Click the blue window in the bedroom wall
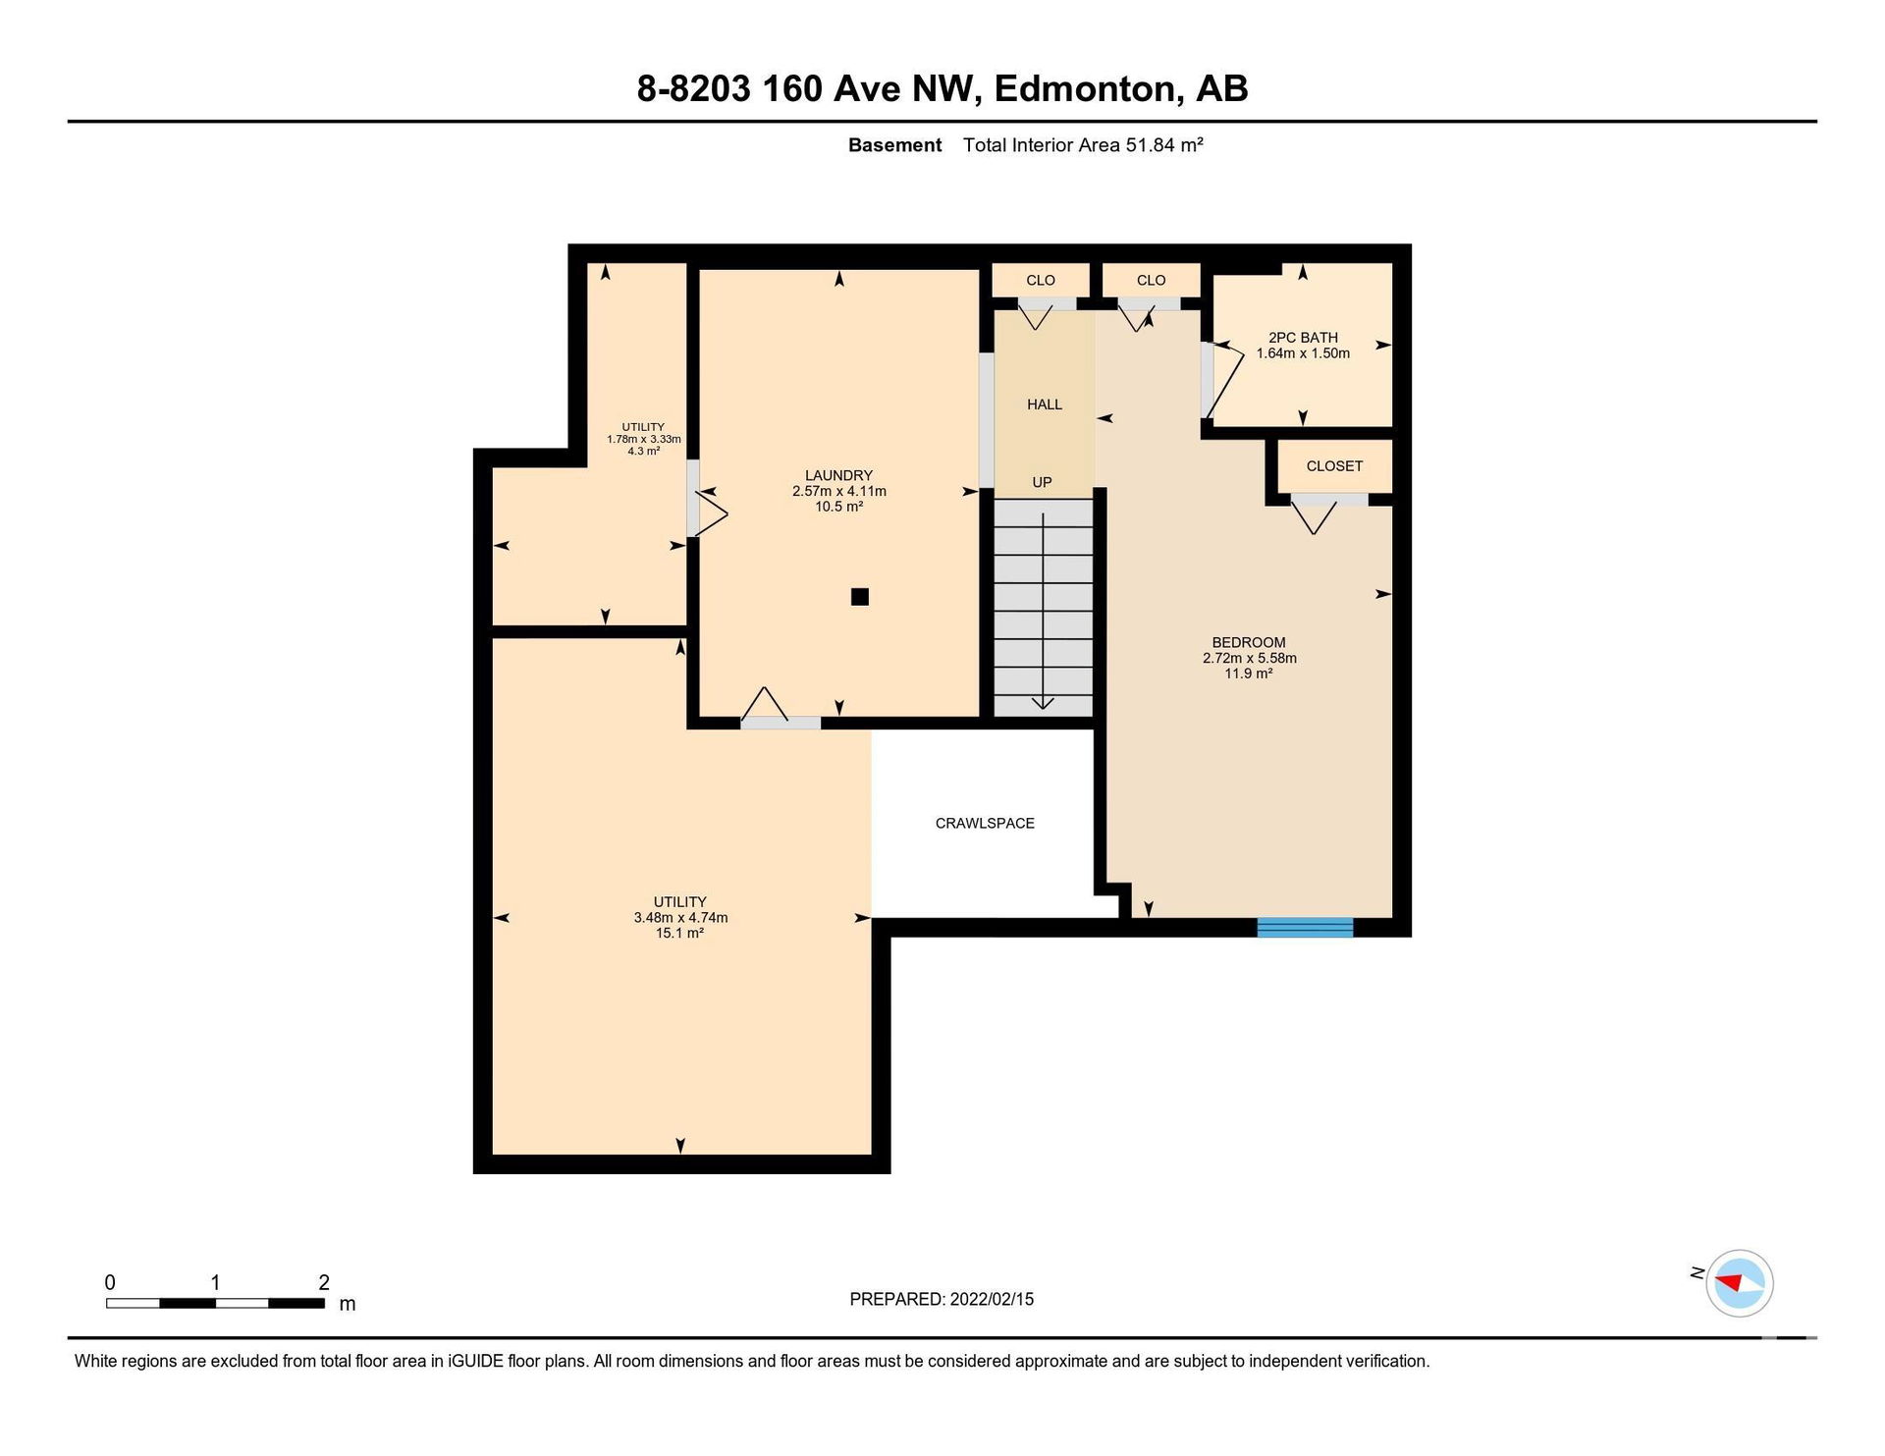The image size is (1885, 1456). pyautogui.click(x=1305, y=927)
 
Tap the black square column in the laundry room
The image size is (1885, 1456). pyautogui.click(x=860, y=596)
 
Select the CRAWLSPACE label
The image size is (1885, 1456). pyautogui.click(x=985, y=823)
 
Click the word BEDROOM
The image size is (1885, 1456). pyautogui.click(x=1249, y=642)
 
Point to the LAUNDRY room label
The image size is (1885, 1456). pyautogui.click(x=838, y=475)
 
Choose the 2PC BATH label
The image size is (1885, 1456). pyautogui.click(x=1303, y=337)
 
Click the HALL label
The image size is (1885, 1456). pyautogui.click(x=1045, y=404)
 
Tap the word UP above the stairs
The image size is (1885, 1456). pyautogui.click(x=1042, y=482)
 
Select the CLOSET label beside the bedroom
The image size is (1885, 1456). pyautogui.click(x=1334, y=466)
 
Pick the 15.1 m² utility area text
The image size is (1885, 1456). pyautogui.click(x=679, y=933)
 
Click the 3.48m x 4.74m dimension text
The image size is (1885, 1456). pyautogui.click(x=680, y=918)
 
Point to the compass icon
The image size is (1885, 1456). pyautogui.click(x=1740, y=1282)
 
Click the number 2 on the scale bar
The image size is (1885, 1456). pyautogui.click(x=324, y=1282)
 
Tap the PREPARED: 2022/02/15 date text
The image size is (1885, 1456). pyautogui.click(x=942, y=1299)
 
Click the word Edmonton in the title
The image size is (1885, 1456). pyautogui.click(x=1085, y=88)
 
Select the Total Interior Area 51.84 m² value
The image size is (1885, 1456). pyautogui.click(x=1083, y=145)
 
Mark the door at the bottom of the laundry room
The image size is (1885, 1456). pyautogui.click(x=780, y=708)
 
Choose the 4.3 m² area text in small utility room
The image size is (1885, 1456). pyautogui.click(x=643, y=451)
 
